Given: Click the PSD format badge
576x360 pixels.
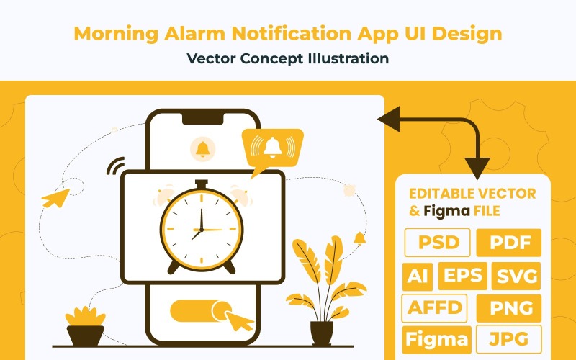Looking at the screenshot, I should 438,243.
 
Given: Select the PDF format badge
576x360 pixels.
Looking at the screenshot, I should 509,243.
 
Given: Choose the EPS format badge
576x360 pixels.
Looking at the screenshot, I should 463,276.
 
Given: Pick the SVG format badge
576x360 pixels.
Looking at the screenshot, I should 517,276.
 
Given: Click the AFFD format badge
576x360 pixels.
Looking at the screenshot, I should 435,308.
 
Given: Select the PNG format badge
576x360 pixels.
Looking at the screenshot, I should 509,308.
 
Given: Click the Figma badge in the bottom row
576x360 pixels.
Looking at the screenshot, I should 436,339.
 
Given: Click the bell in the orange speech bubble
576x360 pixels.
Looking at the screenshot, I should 272,148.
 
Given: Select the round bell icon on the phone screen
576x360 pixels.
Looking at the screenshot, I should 202,149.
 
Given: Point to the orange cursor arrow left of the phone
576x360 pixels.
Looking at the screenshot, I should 54,197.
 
